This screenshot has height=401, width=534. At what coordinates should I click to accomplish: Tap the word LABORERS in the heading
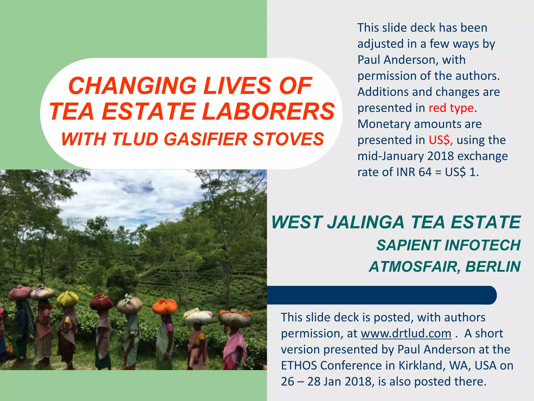coord(268,111)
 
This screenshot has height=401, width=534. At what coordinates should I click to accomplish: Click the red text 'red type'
coord(451,108)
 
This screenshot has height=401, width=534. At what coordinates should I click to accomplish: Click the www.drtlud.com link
coord(406,333)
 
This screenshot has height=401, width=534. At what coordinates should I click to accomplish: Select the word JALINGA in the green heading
coord(365,222)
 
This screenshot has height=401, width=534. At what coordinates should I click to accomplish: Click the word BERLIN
coord(493,267)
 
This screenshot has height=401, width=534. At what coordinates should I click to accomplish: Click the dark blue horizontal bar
coord(381,295)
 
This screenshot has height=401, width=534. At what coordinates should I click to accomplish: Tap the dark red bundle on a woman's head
coord(101,303)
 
